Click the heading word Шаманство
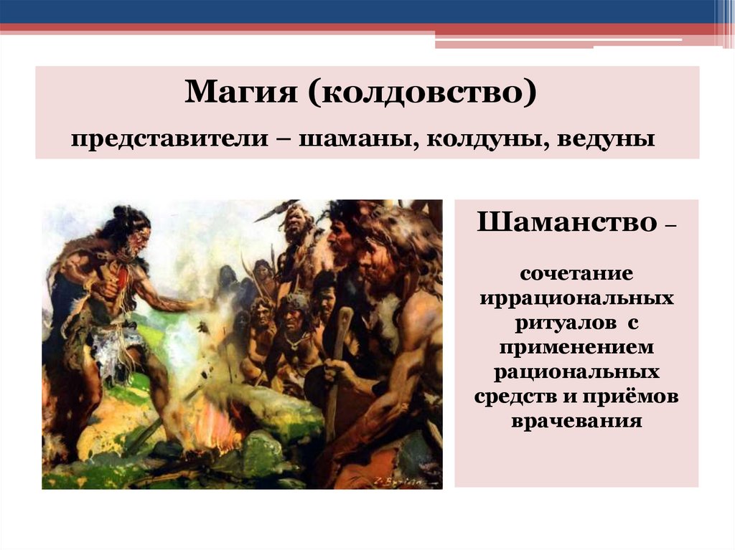567,224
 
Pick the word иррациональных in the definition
576,298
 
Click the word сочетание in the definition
576,273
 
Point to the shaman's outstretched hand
205,305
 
